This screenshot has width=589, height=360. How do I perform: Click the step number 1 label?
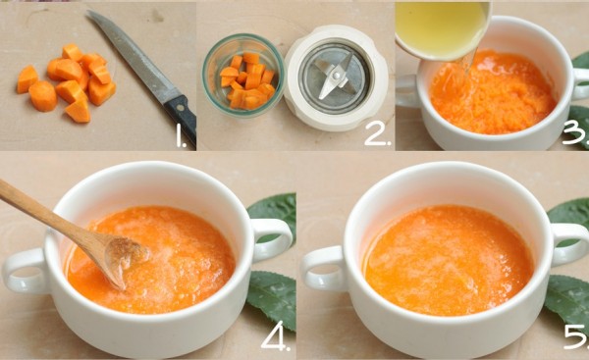pos(181,136)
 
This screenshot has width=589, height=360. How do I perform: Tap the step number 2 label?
pos(378,134)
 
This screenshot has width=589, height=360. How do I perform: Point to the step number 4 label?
pos(276,339)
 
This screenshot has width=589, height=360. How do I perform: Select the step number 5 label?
pos(576,336)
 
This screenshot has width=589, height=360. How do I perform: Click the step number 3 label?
pos(575,134)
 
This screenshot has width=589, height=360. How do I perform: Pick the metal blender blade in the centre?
pos(335,77)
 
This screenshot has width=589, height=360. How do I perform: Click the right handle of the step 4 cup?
pos(271,239)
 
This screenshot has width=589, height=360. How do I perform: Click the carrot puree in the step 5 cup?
pos(449,260)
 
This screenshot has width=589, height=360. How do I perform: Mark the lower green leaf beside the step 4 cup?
pos(271,300)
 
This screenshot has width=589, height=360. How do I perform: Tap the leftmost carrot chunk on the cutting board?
pos(27,78)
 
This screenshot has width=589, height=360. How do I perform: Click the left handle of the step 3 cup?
pos(408,91)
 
